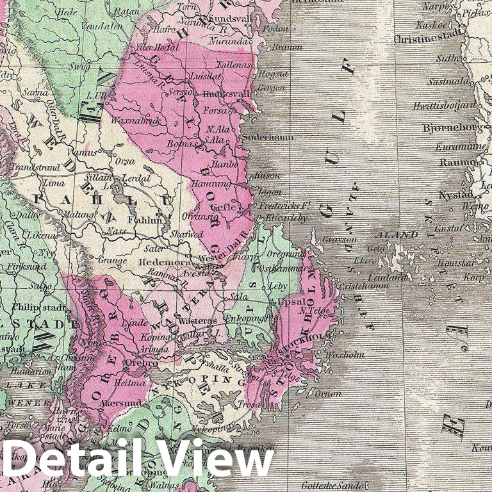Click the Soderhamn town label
point(267,137)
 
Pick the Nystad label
point(455,194)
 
